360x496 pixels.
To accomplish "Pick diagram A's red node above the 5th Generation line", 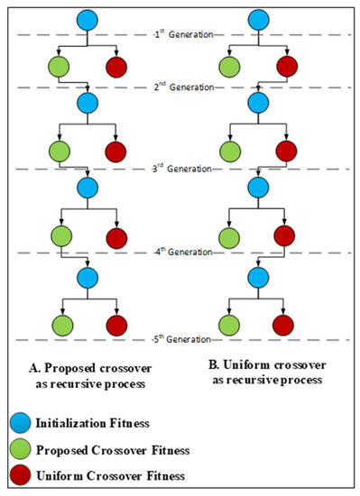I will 116,322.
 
